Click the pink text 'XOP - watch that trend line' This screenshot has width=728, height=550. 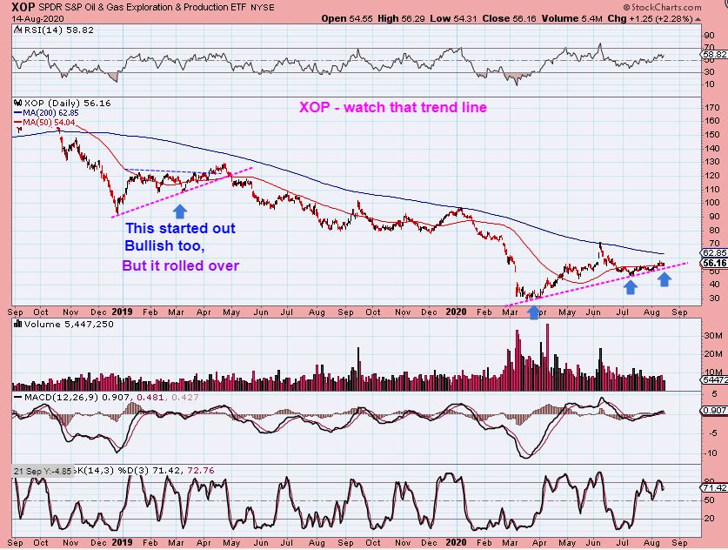(392, 108)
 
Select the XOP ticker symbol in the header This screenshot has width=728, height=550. (23, 5)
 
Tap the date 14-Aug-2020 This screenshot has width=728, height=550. (29, 17)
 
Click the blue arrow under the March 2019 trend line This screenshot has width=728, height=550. (180, 211)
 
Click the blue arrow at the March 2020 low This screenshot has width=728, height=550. (533, 311)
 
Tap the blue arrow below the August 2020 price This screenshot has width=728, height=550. (664, 279)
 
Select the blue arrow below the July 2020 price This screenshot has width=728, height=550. (630, 285)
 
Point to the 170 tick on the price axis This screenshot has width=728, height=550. (711, 109)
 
